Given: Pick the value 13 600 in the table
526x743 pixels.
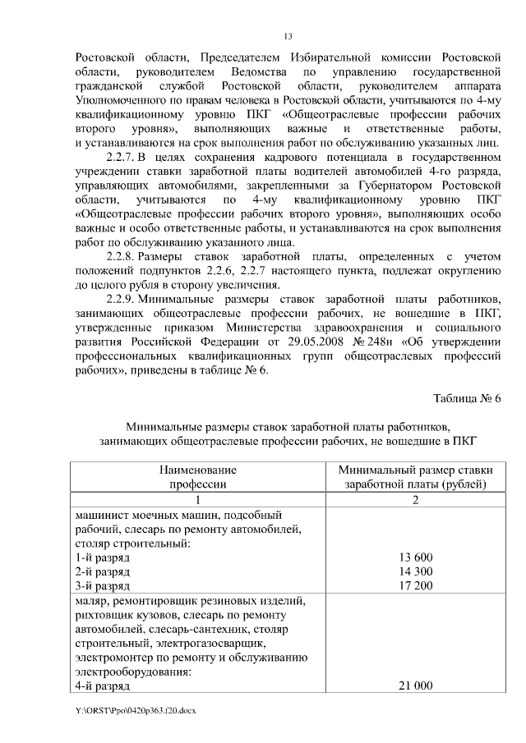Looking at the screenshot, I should [415, 557].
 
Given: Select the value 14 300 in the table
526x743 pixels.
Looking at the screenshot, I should [415, 571].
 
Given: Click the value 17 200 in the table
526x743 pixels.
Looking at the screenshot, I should [415, 585].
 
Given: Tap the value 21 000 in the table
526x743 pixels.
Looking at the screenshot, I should [415, 685].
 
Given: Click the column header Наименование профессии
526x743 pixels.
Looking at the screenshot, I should [197, 476].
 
